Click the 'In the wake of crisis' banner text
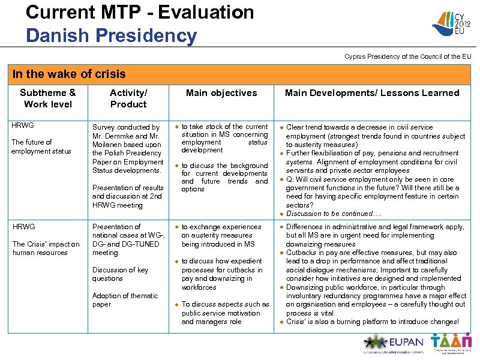click(69, 74)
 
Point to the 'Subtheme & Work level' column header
click(48, 98)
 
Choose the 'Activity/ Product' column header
click(128, 98)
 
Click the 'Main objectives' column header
click(221, 93)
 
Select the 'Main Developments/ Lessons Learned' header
click(372, 93)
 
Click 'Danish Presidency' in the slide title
click(111, 35)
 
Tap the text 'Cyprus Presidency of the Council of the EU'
click(407, 56)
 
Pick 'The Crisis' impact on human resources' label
click(46, 248)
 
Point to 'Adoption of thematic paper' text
click(125, 300)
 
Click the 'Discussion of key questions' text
click(120, 274)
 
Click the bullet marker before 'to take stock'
click(176, 127)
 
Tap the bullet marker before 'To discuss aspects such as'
click(176, 305)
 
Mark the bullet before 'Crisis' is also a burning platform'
click(281, 322)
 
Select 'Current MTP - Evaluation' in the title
click(140, 12)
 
